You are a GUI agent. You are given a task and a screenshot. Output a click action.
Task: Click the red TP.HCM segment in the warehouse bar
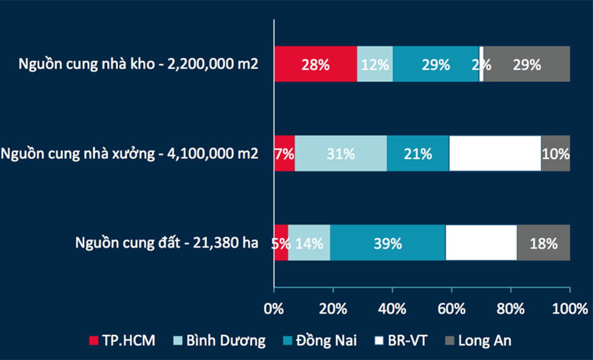[x=315, y=64]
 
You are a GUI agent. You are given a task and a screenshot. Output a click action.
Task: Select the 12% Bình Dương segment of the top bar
[x=375, y=64]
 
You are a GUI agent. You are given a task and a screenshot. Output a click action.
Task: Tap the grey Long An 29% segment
[x=527, y=64]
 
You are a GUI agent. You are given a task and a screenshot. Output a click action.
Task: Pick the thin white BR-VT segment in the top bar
[x=482, y=64]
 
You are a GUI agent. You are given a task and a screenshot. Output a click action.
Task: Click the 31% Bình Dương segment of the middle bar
[x=341, y=153]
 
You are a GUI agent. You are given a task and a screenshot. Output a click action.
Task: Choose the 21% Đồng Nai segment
[x=418, y=153]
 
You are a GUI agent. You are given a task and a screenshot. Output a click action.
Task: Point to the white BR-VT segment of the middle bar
[x=495, y=153]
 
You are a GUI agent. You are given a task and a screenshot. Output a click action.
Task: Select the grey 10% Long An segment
[x=556, y=153]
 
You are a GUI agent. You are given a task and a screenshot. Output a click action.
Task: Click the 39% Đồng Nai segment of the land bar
[x=388, y=243]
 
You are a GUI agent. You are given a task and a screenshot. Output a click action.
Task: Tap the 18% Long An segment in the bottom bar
[x=544, y=243]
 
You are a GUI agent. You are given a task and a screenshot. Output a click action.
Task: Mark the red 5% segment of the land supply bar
[x=281, y=243]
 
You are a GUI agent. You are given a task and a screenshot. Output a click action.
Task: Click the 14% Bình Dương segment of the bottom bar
[x=309, y=243]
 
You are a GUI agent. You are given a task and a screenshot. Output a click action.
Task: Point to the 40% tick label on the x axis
[x=392, y=309]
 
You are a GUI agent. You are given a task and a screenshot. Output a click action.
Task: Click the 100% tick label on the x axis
[x=569, y=309]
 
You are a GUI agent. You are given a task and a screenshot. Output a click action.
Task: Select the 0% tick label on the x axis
[x=274, y=309]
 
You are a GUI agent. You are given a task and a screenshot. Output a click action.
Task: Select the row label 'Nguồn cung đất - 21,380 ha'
[x=167, y=243]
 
